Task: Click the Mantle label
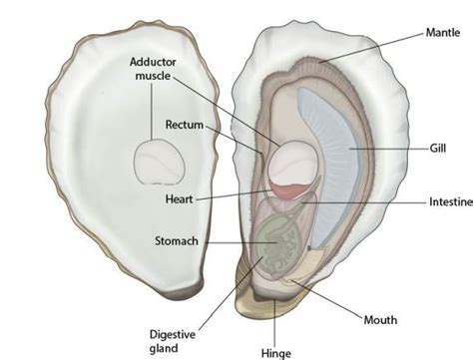click(x=443, y=33)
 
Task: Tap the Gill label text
click(x=438, y=148)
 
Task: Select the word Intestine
click(x=451, y=201)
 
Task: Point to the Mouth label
click(x=380, y=320)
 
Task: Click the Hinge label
click(x=276, y=353)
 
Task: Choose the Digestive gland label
click(x=173, y=341)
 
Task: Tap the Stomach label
click(x=177, y=240)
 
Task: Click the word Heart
click(x=180, y=199)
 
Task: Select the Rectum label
click(x=185, y=125)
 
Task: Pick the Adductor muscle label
click(x=153, y=69)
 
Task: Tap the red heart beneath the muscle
click(x=289, y=191)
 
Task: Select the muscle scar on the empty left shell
click(x=159, y=162)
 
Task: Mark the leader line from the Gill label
click(x=389, y=149)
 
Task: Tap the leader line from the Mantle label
click(x=372, y=47)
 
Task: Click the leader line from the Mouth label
click(x=327, y=298)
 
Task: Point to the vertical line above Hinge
click(x=274, y=322)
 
